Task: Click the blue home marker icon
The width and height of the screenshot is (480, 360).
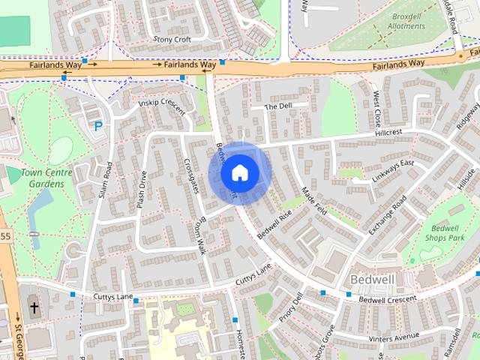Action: (x=239, y=173)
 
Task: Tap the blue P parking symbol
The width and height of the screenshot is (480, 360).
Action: (x=97, y=127)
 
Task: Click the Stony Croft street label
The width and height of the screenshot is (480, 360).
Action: (x=172, y=39)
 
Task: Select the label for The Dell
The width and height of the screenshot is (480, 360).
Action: (x=277, y=106)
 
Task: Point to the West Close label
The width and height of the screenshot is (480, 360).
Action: (x=376, y=109)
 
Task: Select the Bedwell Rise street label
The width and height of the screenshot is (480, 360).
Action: (x=274, y=224)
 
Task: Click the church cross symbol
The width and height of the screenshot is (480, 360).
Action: (x=34, y=307)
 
